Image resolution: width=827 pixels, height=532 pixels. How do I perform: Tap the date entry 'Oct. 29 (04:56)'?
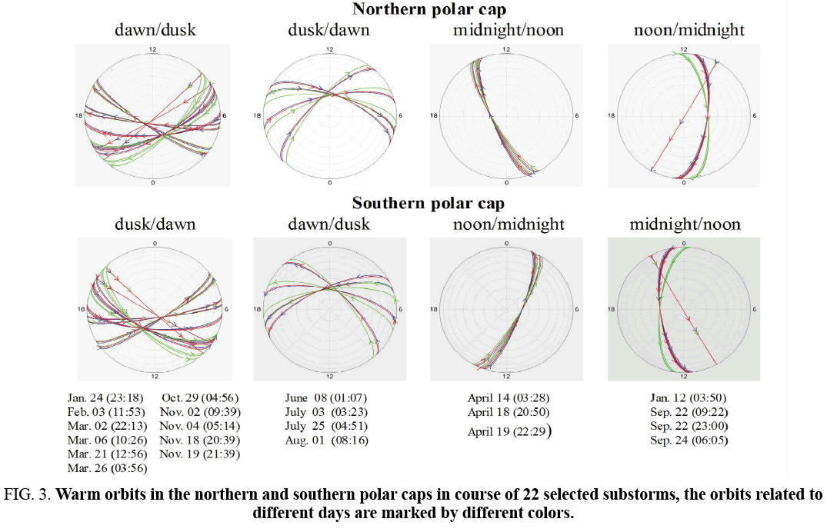point(199,398)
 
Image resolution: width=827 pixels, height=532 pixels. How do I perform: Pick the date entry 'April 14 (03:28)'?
point(508,398)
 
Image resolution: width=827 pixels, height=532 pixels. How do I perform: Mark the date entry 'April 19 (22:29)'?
point(508,431)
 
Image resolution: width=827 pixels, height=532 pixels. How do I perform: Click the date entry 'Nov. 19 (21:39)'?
point(199,454)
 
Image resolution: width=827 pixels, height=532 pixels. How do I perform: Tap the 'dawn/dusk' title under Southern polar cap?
point(328,224)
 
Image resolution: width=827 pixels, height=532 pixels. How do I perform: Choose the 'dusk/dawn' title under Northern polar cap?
point(328,31)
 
